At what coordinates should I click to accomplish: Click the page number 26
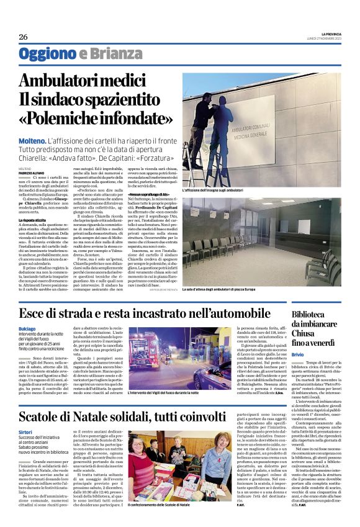pos(23,37)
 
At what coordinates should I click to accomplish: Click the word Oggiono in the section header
pos(47,54)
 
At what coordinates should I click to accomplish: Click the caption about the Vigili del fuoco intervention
pos(184,392)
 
